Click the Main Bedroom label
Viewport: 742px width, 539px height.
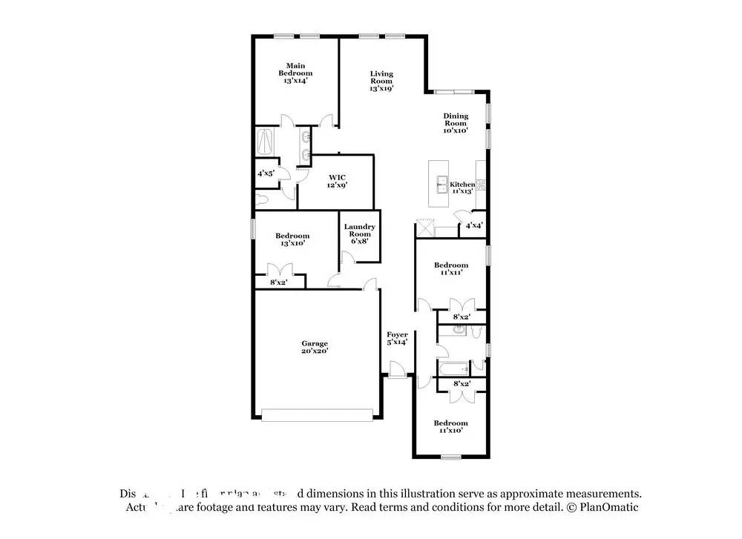tap(295, 73)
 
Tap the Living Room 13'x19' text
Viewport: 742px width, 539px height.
tap(381, 81)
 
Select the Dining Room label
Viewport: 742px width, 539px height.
tap(456, 123)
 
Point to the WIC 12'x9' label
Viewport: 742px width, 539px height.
tap(337, 182)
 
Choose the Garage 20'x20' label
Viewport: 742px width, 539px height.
tap(315, 348)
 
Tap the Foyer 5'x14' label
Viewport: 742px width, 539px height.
tap(397, 338)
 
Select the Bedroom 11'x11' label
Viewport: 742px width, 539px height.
tap(451, 269)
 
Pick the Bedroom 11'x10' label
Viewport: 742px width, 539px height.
tap(451, 427)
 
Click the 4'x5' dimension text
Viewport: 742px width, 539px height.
tap(266, 173)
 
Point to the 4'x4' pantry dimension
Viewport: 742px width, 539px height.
tap(474, 225)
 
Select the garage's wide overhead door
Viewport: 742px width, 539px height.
tap(319, 416)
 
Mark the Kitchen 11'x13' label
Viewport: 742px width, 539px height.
tap(462, 187)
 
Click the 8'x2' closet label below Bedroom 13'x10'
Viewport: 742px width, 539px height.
tap(278, 282)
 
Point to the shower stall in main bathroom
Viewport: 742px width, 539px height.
tap(266, 141)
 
